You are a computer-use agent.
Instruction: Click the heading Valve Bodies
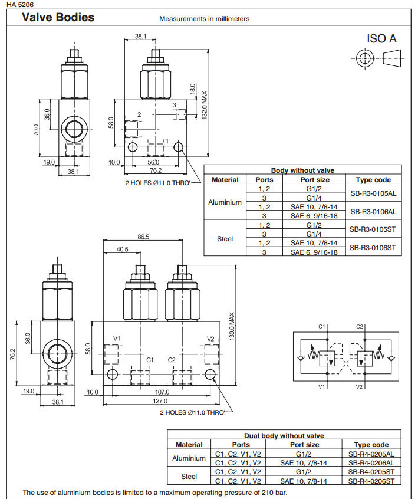tap(58, 18)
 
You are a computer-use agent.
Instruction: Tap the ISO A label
tap(381, 39)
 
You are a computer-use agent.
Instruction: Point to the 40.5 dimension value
tap(122, 249)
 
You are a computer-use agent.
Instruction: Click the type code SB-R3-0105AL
tap(373, 193)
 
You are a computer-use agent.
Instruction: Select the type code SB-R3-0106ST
tap(373, 247)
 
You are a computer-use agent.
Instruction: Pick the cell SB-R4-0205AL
tap(371, 455)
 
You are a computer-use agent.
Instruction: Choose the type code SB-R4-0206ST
tap(371, 481)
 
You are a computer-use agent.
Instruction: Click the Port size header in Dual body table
tap(305, 445)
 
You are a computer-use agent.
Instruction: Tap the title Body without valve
tap(302, 170)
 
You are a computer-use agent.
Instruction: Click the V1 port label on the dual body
tap(117, 339)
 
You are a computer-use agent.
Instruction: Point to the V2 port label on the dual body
tap(210, 339)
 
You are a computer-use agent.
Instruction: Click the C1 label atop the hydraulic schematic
tap(322, 326)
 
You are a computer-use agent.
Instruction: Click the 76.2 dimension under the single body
tap(155, 170)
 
